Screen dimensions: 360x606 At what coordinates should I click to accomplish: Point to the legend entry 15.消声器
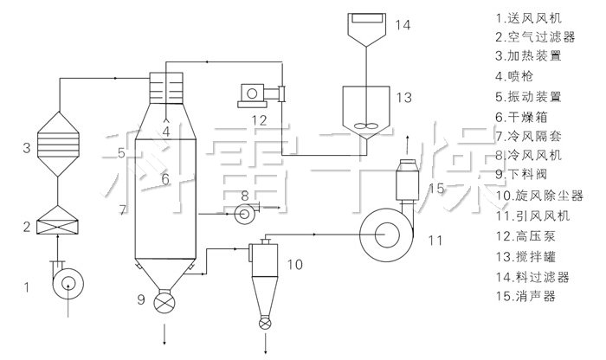click(525, 295)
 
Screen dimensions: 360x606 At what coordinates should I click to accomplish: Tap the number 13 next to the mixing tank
click(403, 99)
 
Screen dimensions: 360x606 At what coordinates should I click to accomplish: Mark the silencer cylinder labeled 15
click(407, 183)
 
